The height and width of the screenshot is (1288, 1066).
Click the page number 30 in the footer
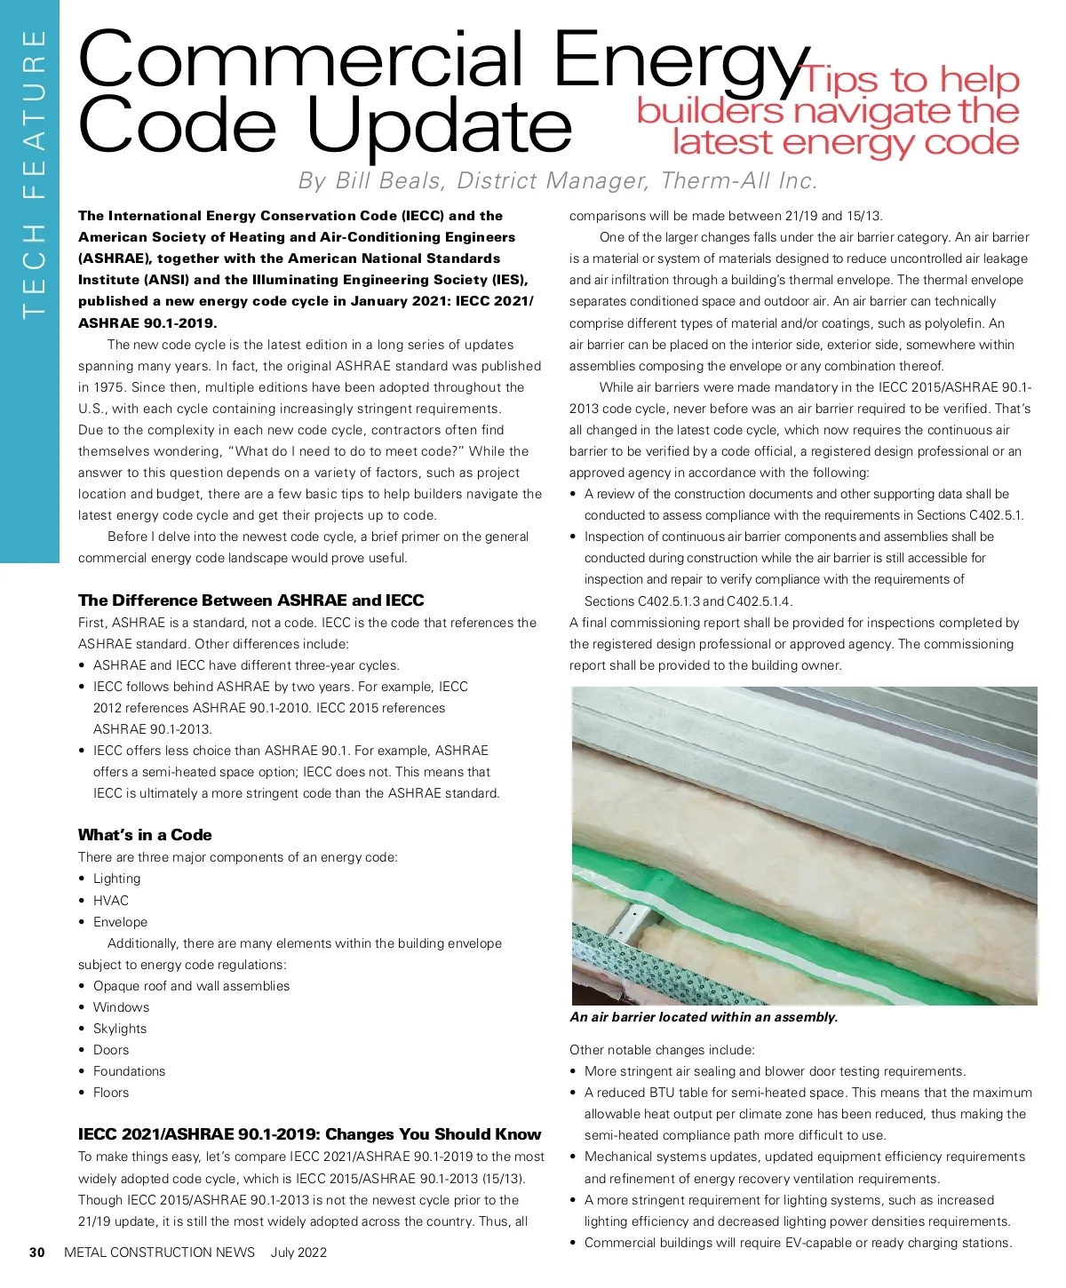tap(36, 1252)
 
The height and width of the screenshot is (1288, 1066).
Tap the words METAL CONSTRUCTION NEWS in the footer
tap(160, 1252)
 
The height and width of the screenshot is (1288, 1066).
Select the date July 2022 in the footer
tap(298, 1252)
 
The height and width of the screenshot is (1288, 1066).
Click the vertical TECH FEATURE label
tap(33, 173)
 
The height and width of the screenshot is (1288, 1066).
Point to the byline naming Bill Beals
tap(557, 181)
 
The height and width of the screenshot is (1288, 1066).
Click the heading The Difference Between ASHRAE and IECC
tap(251, 600)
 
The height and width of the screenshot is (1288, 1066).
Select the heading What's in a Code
tap(145, 835)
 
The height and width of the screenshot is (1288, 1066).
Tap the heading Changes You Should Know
tap(309, 1134)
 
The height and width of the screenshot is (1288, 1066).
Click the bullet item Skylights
tap(120, 1029)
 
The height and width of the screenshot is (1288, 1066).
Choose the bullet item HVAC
tap(111, 901)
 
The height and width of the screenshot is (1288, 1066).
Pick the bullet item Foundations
tap(130, 1071)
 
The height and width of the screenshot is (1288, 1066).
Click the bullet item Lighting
tap(116, 879)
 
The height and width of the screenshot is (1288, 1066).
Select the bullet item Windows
tap(121, 1007)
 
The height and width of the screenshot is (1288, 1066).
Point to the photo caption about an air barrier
tap(704, 1017)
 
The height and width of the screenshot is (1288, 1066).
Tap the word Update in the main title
tap(440, 127)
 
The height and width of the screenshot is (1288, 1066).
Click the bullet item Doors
tap(111, 1050)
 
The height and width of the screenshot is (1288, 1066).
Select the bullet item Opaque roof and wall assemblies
tap(191, 986)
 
